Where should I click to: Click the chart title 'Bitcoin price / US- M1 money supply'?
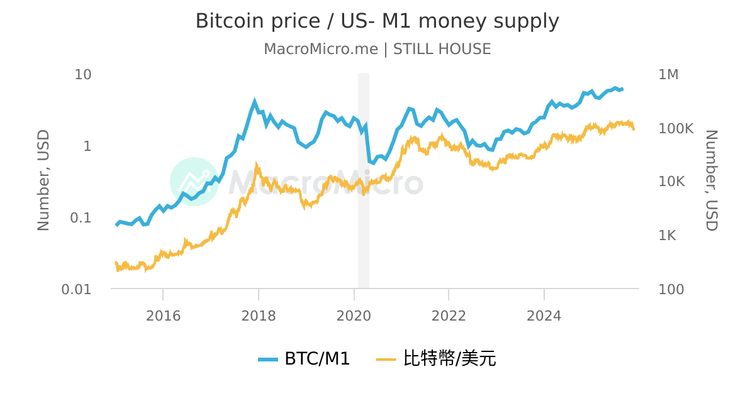pos(377,21)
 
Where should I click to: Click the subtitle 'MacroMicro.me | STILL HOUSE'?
pos(377,49)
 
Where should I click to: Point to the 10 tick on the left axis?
pos(83,74)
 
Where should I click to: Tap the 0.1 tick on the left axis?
pos(81,217)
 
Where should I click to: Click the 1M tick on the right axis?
pos(668,74)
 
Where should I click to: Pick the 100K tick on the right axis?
pos(675,128)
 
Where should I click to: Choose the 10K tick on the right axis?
pos(671,182)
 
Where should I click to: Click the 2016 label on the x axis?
pos(163,316)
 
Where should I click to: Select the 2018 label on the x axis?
pos(259,316)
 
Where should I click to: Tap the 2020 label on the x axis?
pos(354,316)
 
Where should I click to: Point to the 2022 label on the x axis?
pos(449,316)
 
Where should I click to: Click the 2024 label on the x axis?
pos(544,316)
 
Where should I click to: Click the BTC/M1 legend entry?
pos(304,359)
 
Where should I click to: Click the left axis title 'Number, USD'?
pos(43,181)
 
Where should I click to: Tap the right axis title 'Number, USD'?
pos(711,181)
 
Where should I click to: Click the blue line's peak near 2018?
pos(255,101)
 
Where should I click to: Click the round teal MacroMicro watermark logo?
pos(194,182)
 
